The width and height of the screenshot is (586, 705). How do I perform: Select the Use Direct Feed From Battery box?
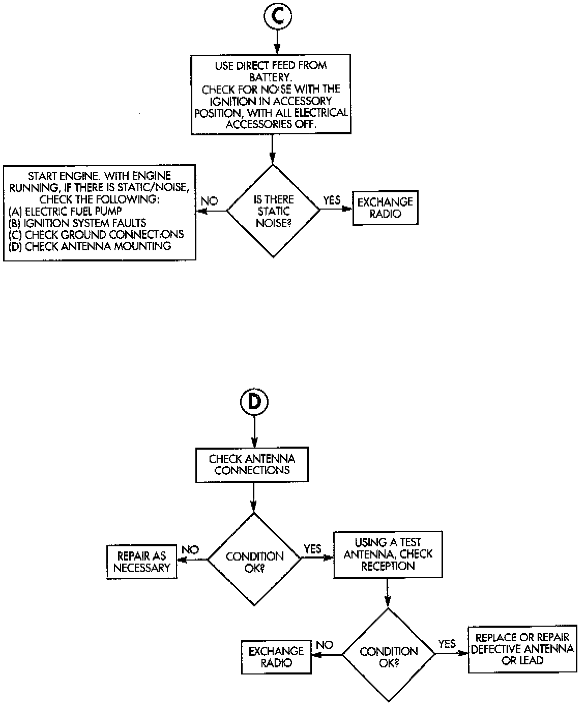(271, 95)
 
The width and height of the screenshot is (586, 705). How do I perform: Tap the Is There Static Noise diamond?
(273, 211)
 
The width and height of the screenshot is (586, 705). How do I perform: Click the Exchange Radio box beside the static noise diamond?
(385, 208)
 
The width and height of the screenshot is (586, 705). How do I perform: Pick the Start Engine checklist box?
(99, 212)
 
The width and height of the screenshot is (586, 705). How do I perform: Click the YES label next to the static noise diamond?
(332, 200)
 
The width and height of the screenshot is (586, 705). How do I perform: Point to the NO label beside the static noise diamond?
(209, 201)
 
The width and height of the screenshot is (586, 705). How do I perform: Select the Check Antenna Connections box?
(252, 464)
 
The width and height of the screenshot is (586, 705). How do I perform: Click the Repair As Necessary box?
(141, 562)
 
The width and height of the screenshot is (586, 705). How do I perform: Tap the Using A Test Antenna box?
(388, 554)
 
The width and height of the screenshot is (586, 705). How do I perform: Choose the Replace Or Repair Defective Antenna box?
(522, 649)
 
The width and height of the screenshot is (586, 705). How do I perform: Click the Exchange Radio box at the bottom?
(276, 656)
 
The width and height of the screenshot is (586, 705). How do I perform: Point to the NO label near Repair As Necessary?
(190, 550)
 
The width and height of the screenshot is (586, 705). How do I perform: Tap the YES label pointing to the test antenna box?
(312, 549)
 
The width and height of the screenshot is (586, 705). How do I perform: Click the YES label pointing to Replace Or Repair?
(447, 644)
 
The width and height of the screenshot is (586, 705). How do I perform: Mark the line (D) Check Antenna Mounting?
(90, 246)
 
